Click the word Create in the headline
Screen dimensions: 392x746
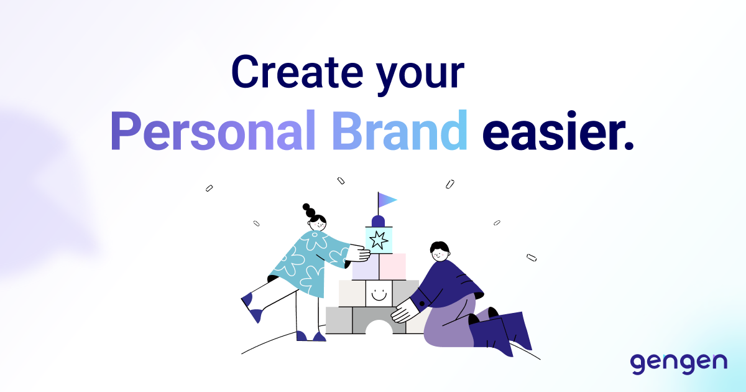[x=295, y=73]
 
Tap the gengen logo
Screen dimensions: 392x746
[x=678, y=362]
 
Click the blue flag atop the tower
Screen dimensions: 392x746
[x=387, y=200]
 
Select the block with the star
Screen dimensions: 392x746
[x=378, y=240]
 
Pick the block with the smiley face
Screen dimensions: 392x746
[x=379, y=293]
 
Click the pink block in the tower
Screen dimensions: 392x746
[x=392, y=266]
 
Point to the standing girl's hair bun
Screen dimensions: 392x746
[x=307, y=209]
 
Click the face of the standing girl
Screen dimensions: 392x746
[x=318, y=222]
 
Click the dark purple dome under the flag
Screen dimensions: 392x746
[x=378, y=221]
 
